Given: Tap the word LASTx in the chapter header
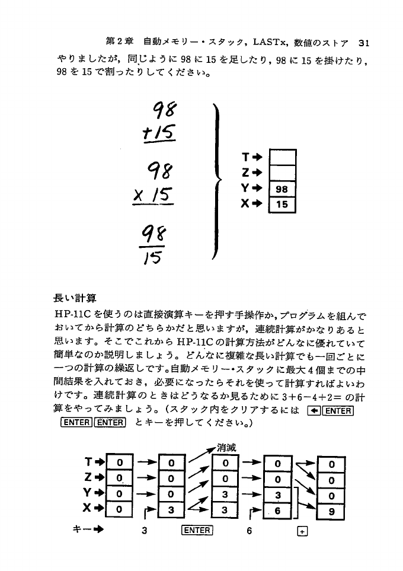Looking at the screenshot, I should (x=270, y=42).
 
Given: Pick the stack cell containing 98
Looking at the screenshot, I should (x=282, y=190).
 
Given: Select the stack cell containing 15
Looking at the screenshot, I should (x=282, y=205).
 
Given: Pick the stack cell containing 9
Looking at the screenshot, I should (x=331, y=511).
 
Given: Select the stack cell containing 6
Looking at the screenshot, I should (x=276, y=511).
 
